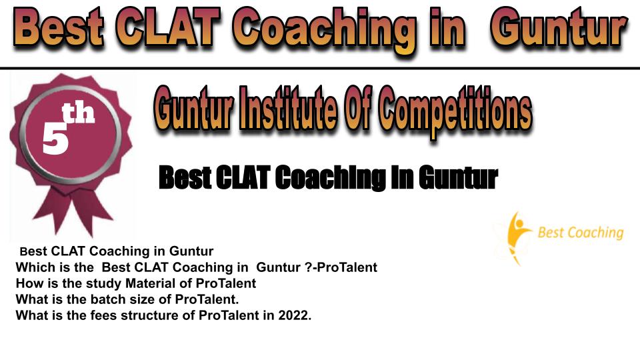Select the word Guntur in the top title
coord(559,28)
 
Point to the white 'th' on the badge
coord(78,113)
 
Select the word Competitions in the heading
coord(455,110)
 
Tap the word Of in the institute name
coord(358,109)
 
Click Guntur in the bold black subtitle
coord(458,177)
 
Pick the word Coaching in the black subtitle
coord(330,178)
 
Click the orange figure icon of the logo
coord(516,237)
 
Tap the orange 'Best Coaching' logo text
coord(581,233)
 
